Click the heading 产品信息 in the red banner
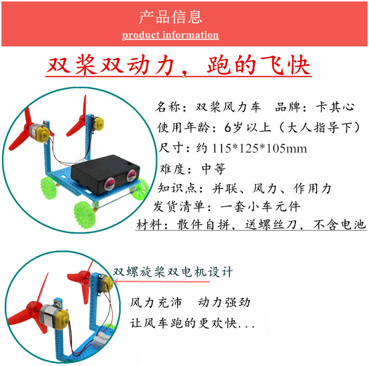(171, 17)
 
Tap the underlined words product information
(170, 35)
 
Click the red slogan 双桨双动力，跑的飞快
(179, 65)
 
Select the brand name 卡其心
(335, 107)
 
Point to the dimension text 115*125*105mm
(259, 149)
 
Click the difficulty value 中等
(214, 169)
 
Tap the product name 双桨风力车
(228, 107)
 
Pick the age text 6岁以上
(247, 127)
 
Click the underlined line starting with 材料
(251, 224)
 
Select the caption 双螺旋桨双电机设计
(173, 272)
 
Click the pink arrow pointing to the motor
(161, 281)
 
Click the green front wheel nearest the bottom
(85, 215)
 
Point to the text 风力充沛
(156, 303)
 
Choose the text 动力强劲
(224, 303)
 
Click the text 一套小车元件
(260, 207)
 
